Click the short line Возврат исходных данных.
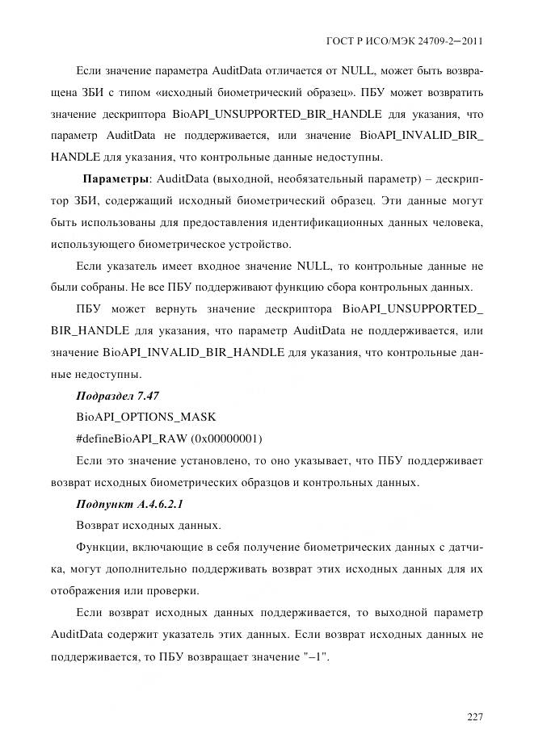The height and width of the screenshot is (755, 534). (137, 526)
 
